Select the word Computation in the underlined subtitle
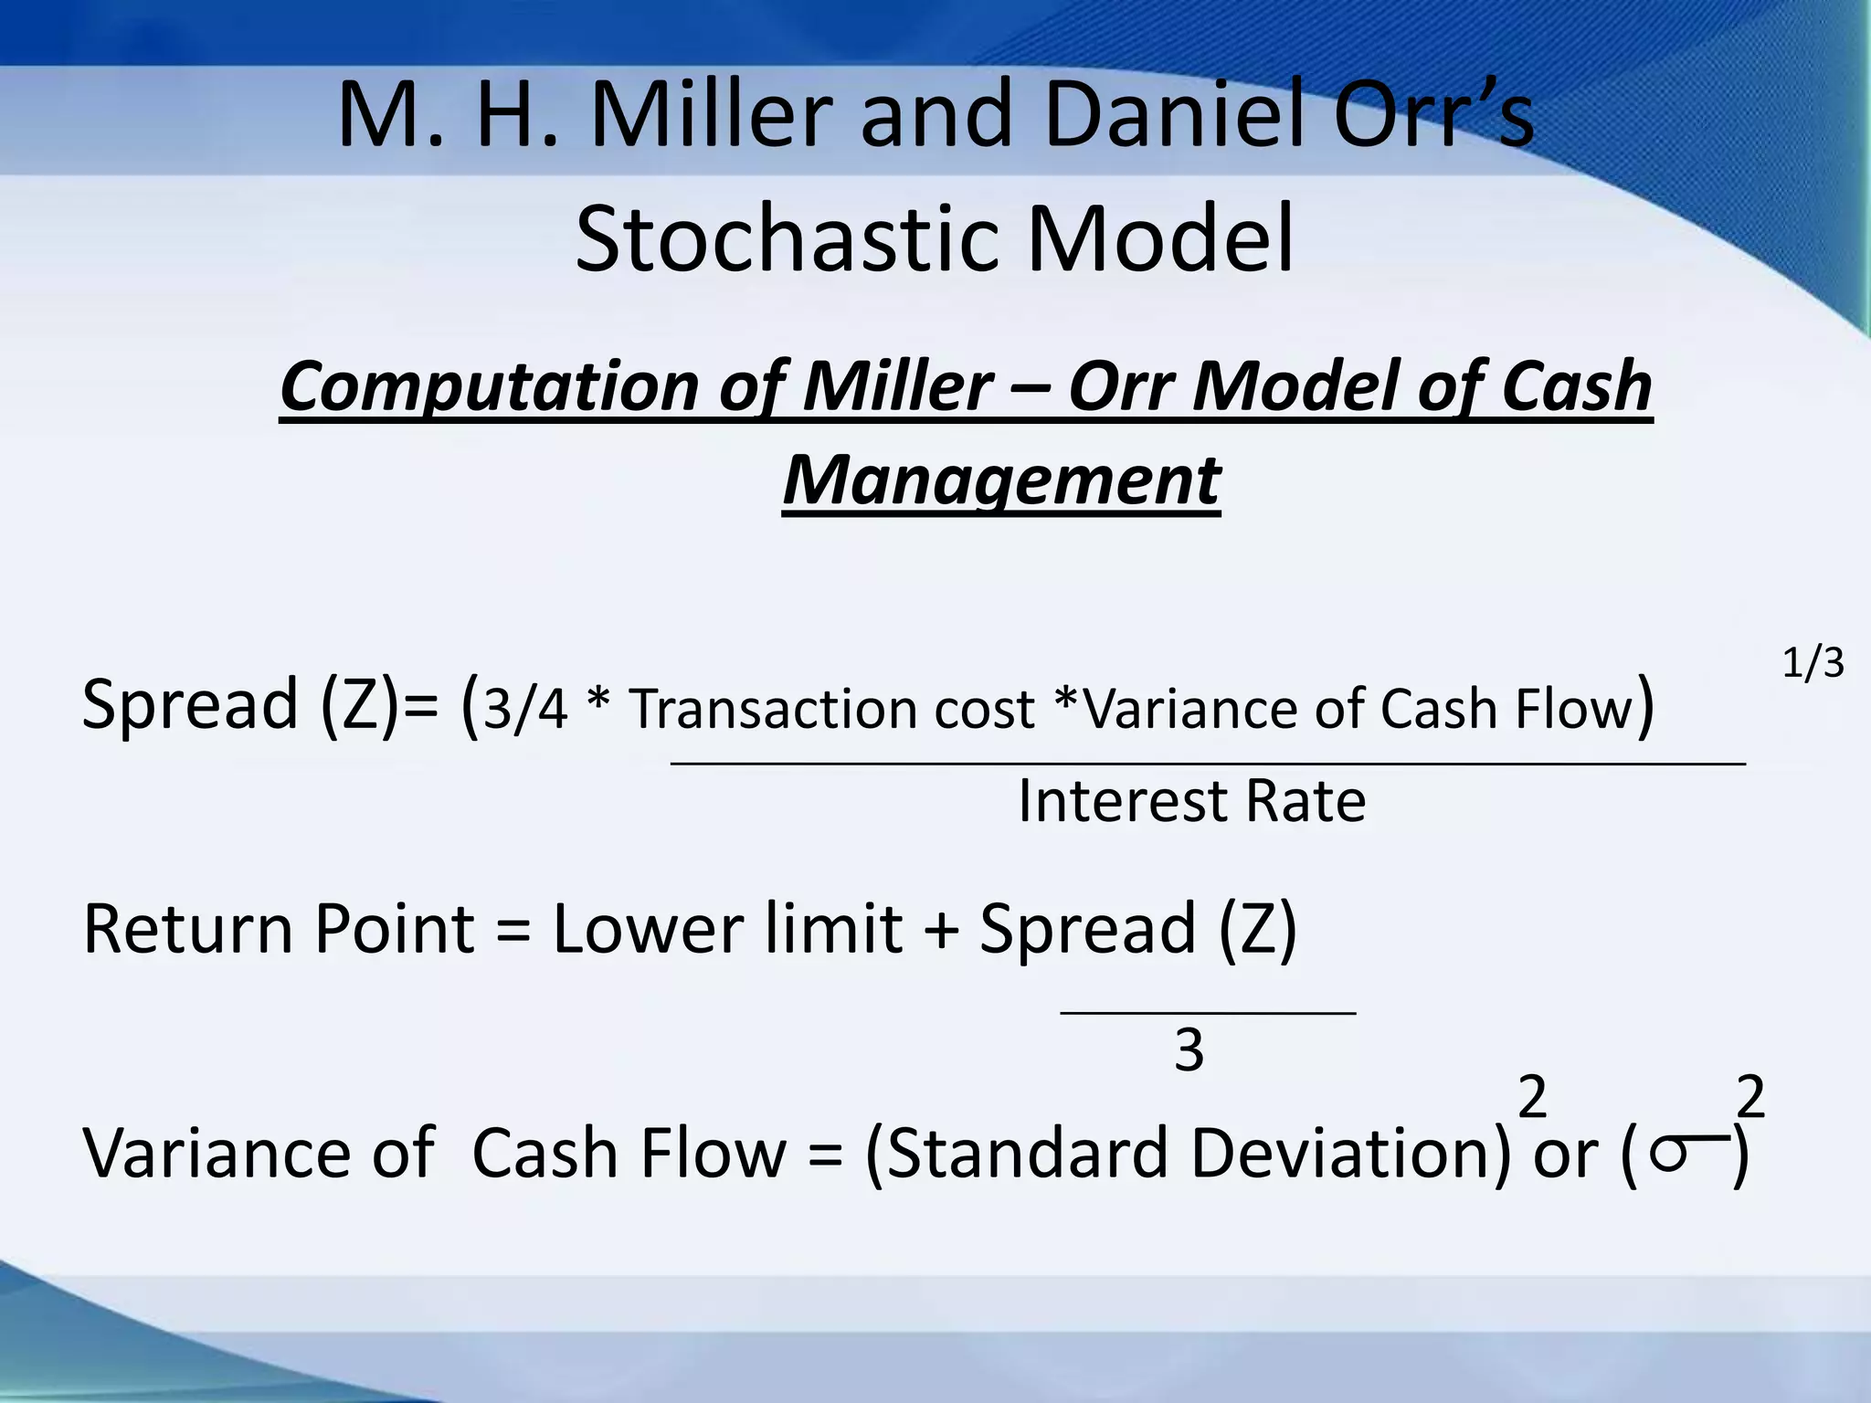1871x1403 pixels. coord(489,387)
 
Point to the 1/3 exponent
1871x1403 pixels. coord(1813,662)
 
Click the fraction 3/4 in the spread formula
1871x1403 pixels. coord(524,710)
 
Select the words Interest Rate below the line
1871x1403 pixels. coord(1191,802)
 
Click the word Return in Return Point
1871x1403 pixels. coord(190,929)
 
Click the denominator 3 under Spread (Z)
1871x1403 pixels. coord(1189,1051)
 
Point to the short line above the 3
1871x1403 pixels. coord(1207,1012)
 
